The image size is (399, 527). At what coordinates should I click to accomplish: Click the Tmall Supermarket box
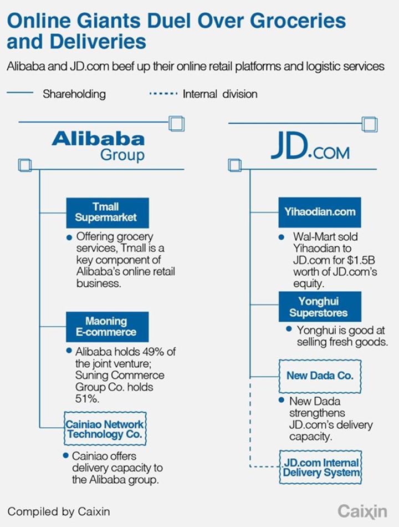pyautogui.click(x=108, y=213)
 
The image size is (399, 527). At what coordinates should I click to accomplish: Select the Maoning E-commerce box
pyautogui.click(x=107, y=327)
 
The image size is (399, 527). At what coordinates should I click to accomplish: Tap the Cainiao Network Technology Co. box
pyautogui.click(x=105, y=428)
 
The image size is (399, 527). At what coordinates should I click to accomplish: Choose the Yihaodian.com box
pyautogui.click(x=320, y=212)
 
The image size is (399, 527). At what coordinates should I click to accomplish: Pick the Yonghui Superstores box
pyautogui.click(x=320, y=307)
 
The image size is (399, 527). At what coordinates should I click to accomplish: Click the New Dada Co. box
pyautogui.click(x=320, y=376)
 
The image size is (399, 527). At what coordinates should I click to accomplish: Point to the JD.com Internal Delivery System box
pyautogui.click(x=320, y=467)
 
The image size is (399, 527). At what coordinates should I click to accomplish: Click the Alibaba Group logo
pyautogui.click(x=98, y=146)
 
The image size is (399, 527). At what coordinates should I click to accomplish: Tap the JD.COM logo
pyautogui.click(x=310, y=146)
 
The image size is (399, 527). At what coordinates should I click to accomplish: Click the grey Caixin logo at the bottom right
pyautogui.click(x=362, y=511)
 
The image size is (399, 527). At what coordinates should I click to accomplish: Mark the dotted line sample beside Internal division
pyautogui.click(x=163, y=93)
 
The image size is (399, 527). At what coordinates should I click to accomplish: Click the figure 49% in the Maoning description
pyautogui.click(x=154, y=352)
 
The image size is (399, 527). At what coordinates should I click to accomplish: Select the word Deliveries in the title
pyautogui.click(x=98, y=42)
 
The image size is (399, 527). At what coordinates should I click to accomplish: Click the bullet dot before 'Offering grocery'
pyautogui.click(x=69, y=237)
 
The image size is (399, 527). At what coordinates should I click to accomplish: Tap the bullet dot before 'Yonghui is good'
pyautogui.click(x=289, y=329)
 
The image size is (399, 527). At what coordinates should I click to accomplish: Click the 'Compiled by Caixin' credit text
pyautogui.click(x=59, y=511)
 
